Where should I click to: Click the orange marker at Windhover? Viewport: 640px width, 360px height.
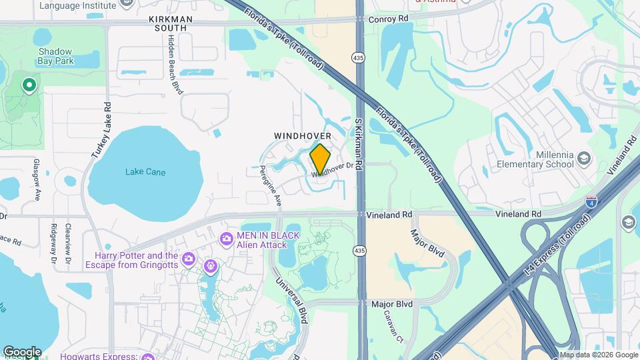point(320,158)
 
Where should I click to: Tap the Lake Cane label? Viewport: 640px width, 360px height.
point(145,172)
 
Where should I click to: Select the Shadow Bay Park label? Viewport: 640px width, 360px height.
point(55,56)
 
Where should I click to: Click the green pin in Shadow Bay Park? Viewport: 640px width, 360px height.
point(29,85)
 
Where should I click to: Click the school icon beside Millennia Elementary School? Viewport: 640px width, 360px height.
point(584,158)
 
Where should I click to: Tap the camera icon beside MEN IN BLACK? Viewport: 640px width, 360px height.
point(227,238)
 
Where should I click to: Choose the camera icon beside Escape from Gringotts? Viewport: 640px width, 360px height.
point(189,259)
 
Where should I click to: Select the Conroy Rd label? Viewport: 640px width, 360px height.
point(388,19)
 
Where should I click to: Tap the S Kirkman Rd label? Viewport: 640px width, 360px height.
point(357,143)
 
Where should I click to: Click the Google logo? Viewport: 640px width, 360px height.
point(22,351)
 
